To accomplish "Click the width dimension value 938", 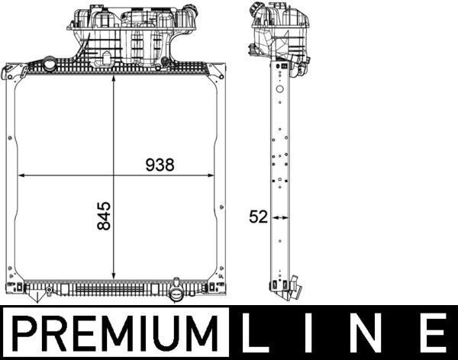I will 160,164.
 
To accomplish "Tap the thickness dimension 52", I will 259,217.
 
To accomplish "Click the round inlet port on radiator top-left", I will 50,63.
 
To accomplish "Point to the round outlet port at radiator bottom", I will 176,294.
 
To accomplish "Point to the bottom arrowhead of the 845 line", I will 114,278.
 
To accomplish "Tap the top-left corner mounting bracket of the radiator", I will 11,72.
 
